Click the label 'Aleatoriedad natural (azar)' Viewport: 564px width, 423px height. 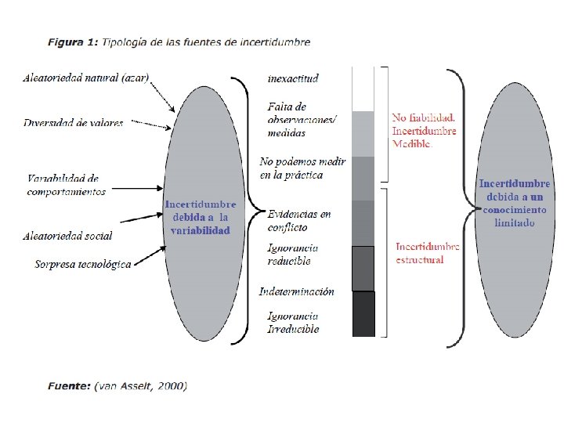(86, 78)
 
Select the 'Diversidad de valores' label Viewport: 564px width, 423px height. (73, 123)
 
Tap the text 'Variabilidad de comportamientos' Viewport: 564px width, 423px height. (67, 185)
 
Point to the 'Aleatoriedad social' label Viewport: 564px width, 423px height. (67, 236)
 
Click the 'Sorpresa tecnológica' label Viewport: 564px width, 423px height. (82, 264)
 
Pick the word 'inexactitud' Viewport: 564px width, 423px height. (293, 78)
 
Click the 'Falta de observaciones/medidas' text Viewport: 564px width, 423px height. (302, 119)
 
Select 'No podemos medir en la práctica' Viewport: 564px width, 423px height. (302, 168)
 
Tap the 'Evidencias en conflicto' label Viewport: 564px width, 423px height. (298, 220)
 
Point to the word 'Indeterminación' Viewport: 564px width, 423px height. (297, 291)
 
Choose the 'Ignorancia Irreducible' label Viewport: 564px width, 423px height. (293, 323)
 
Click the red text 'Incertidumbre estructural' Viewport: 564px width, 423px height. (427, 253)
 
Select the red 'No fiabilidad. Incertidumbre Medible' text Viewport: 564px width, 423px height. (424, 130)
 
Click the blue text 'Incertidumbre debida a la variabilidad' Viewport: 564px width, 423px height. (200, 218)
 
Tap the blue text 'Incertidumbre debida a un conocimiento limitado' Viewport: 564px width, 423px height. (515, 203)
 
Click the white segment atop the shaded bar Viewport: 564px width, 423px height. (363, 89)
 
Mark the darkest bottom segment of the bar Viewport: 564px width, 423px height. (363, 313)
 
